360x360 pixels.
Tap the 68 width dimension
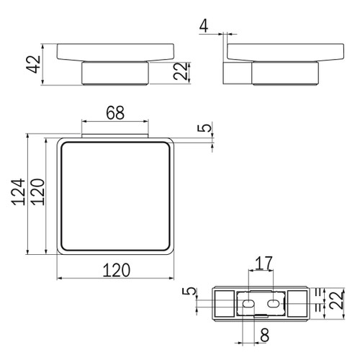(x=115, y=112)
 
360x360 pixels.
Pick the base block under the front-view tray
(x=116, y=75)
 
